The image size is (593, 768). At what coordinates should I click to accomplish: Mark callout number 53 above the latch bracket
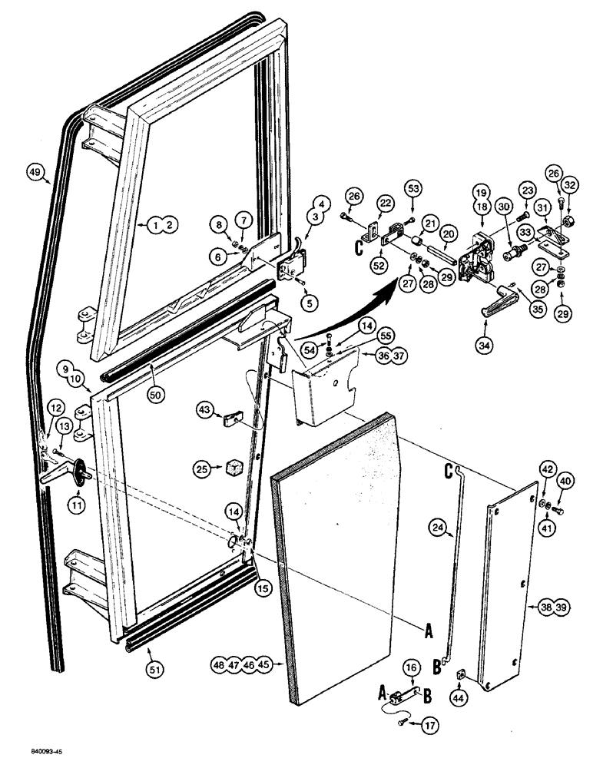point(414,187)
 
